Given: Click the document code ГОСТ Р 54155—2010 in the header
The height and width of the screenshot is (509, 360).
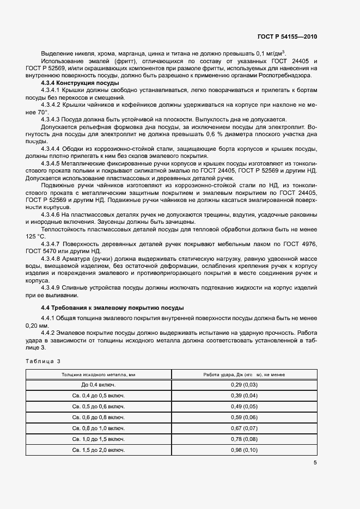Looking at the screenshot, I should [286, 37].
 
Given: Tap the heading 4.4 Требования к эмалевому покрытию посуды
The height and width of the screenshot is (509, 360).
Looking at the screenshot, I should [113, 308].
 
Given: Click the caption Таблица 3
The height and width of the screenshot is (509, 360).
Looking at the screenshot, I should [43, 361].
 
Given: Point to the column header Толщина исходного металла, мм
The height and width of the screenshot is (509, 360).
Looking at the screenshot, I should [99, 375].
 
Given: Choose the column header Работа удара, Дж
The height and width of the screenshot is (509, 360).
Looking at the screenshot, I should [245, 375].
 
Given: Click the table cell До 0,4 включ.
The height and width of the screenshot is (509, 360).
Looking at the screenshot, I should [99, 385].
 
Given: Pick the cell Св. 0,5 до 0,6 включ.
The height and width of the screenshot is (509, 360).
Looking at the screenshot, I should [99, 407].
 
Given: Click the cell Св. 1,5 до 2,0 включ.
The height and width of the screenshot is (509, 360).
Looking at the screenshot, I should [99, 450].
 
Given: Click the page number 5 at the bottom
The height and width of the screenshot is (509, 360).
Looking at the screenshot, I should [315, 463].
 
